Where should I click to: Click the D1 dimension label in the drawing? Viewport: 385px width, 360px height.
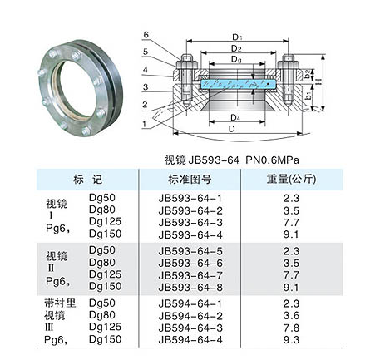[x=237, y=37]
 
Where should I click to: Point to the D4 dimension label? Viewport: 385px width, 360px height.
[x=235, y=118]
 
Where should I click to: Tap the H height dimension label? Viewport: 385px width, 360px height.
[x=319, y=81]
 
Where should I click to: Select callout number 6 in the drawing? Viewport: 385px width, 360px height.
[x=146, y=35]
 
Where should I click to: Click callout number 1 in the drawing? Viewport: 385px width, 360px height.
[x=144, y=124]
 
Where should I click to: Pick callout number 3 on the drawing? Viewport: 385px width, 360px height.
[x=146, y=87]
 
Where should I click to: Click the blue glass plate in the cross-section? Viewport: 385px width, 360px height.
[x=238, y=84]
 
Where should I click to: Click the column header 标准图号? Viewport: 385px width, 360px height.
[x=190, y=180]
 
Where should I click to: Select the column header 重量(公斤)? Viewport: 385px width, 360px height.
[x=291, y=179]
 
